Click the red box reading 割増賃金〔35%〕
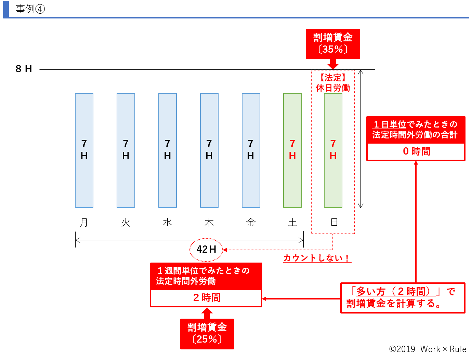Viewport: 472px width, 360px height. [333, 44]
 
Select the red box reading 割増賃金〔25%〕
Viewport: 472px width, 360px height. [207, 334]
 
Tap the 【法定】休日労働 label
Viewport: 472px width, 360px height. [333, 83]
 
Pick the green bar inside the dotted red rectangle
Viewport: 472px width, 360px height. [333, 150]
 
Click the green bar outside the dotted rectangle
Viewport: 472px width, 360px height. [292, 150]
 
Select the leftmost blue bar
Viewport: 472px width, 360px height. [84, 150]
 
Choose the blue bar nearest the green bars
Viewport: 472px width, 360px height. [251, 150]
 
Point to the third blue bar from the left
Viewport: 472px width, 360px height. [168, 150]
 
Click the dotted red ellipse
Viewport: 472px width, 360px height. [206, 250]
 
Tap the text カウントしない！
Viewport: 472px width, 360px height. [316, 258]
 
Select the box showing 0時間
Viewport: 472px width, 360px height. [416, 151]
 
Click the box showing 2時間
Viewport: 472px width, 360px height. [206, 298]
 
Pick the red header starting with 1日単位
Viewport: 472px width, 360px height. [416, 130]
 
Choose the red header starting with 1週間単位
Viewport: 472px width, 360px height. [206, 276]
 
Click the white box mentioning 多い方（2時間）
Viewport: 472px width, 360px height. [403, 297]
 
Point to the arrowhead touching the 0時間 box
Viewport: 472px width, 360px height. [416, 163]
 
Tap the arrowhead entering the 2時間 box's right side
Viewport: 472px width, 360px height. [264, 299]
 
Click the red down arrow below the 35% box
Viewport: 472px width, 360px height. [333, 65]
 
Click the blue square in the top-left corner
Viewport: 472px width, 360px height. [6, 9]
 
